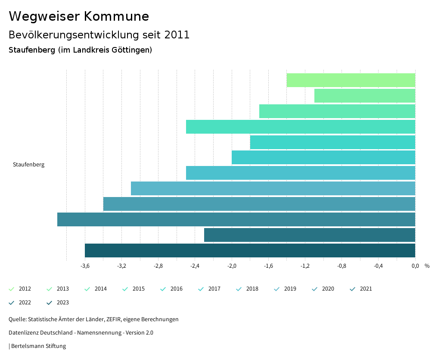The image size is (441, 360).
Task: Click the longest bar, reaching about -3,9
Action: point(236,219)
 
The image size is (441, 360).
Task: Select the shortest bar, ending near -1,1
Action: point(365,96)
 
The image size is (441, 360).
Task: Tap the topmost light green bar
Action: point(351,80)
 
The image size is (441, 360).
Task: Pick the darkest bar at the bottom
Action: point(250,250)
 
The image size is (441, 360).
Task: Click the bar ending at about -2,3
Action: point(309,235)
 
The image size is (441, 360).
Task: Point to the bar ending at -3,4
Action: point(259,204)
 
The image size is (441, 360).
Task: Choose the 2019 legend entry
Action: point(286,289)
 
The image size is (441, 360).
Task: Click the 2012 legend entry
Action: point(20,289)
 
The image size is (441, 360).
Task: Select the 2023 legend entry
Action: point(58,303)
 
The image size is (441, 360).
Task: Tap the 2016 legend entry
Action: point(172,289)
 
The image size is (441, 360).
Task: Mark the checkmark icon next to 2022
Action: point(12,303)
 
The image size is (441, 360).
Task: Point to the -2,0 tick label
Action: point(232,266)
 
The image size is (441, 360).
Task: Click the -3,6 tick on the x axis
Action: point(85,266)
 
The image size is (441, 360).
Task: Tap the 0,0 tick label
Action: point(415,266)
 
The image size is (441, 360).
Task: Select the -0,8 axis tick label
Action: point(342,266)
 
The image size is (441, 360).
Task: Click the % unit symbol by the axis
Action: point(427,266)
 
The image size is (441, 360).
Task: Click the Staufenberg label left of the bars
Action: point(28,165)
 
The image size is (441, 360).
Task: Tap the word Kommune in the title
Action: point(117,16)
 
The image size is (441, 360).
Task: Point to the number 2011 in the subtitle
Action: point(176,35)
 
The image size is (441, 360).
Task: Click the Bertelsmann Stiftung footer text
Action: point(38,346)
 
